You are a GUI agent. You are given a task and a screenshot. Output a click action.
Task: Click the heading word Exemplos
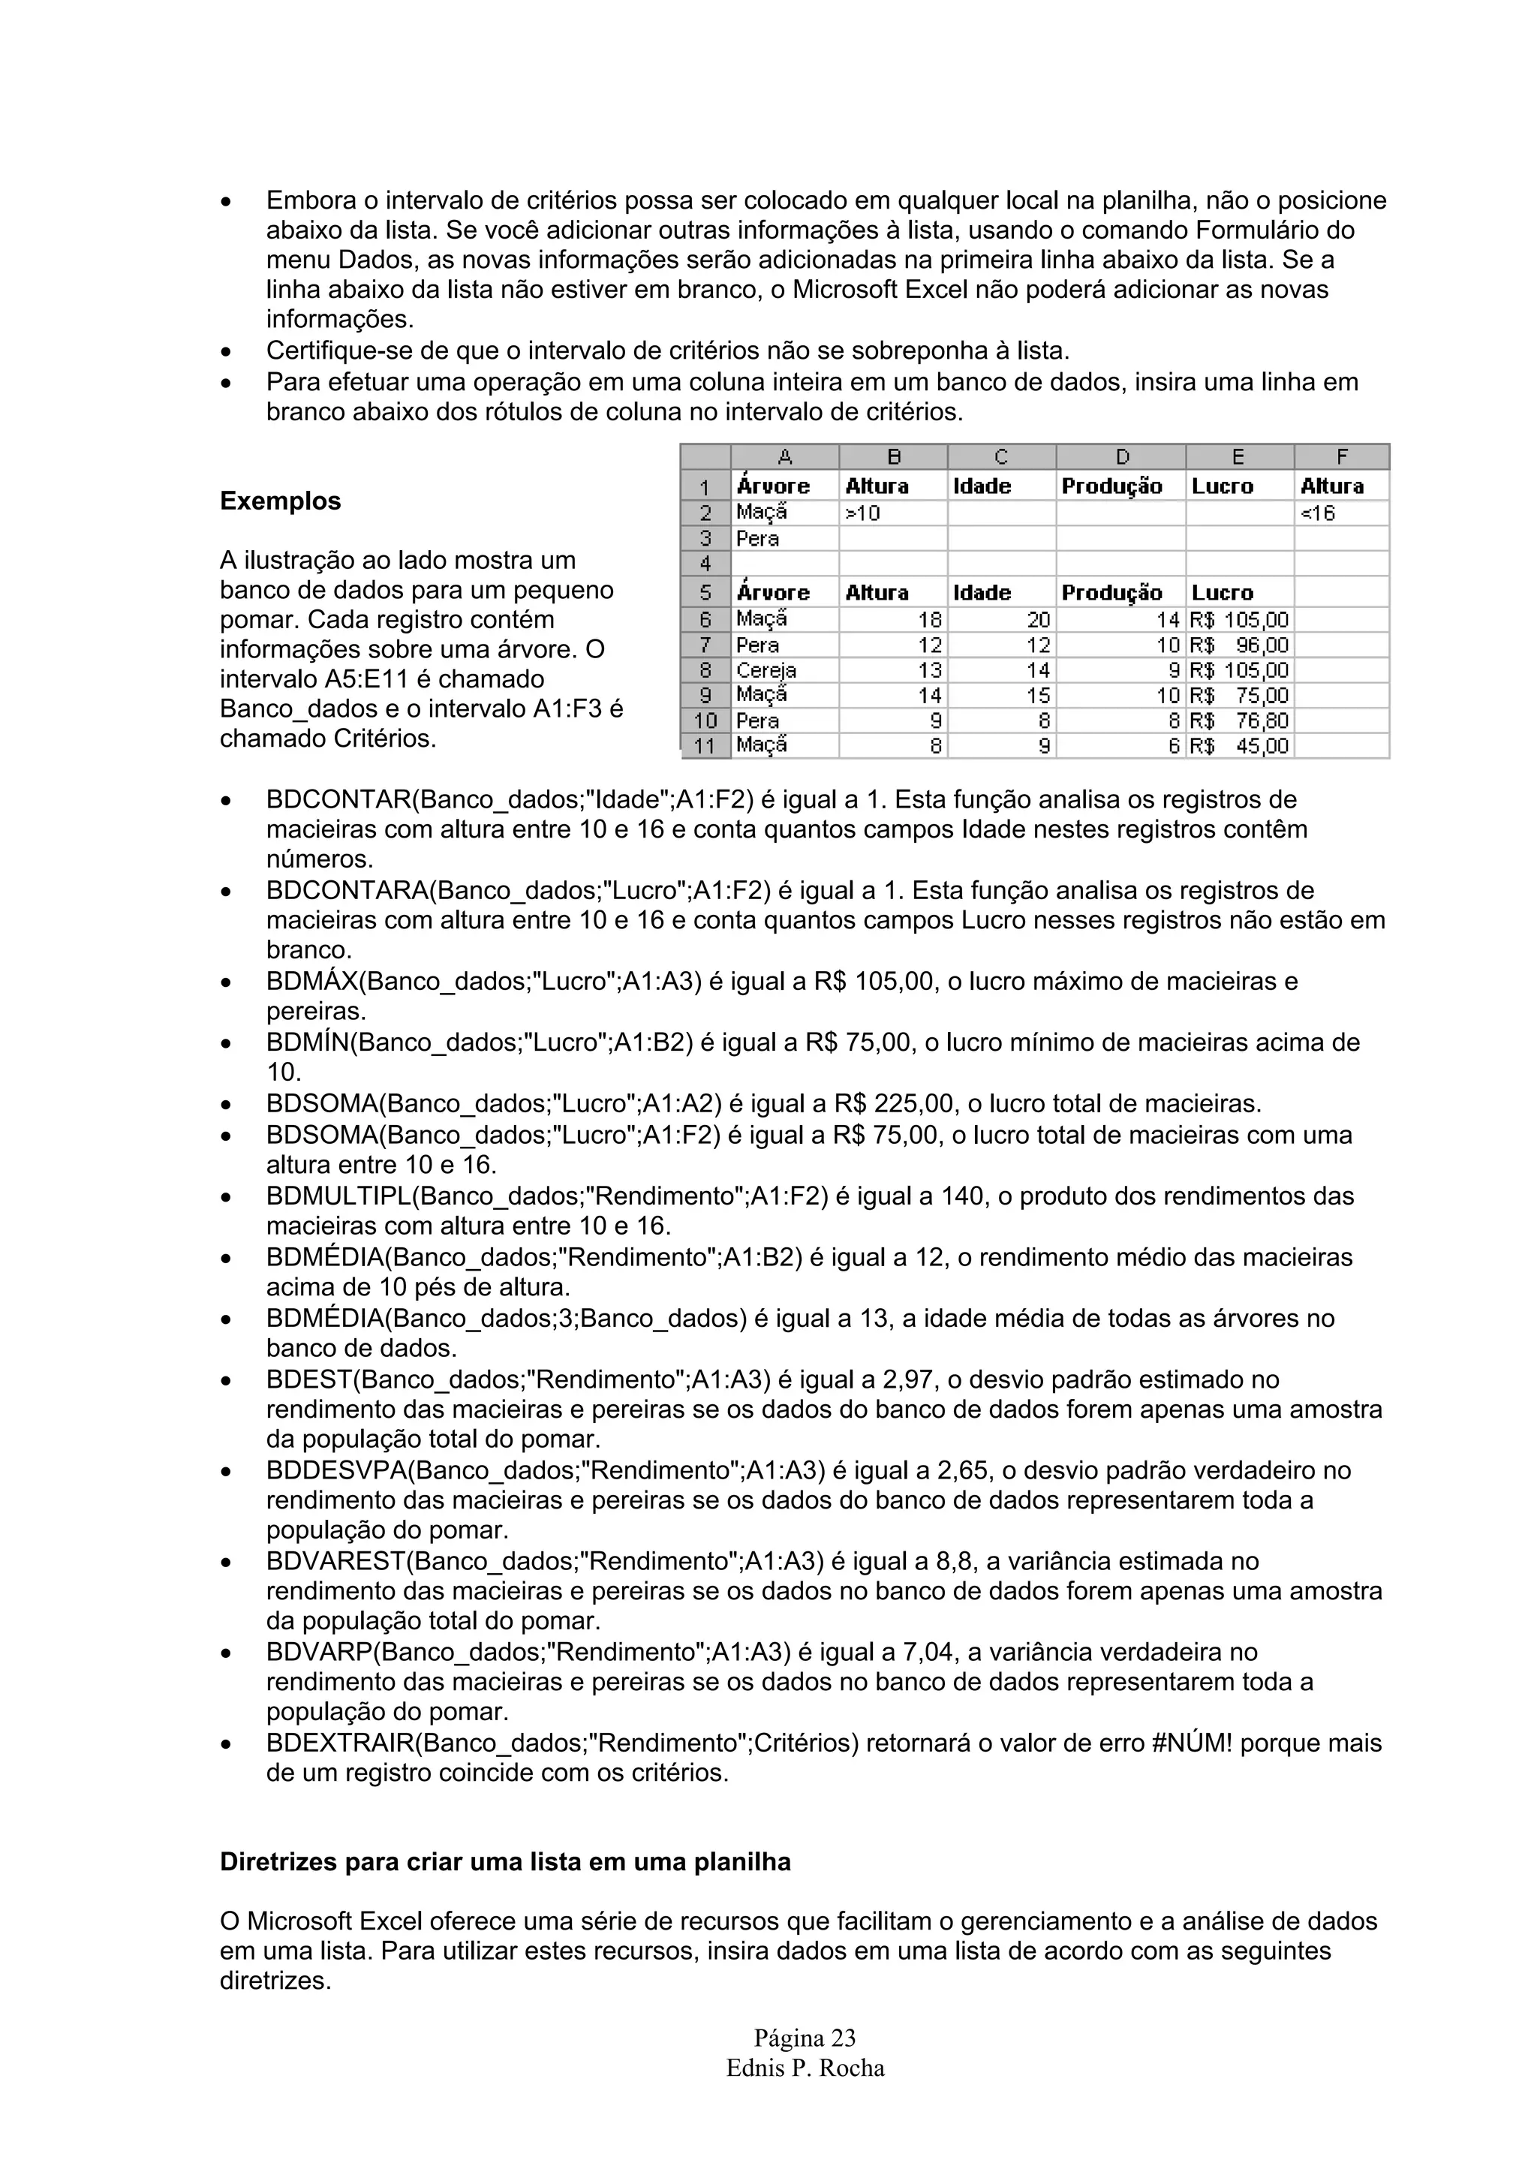[x=281, y=501]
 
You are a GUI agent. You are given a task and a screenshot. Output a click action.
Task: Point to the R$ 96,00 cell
[x=1240, y=645]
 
